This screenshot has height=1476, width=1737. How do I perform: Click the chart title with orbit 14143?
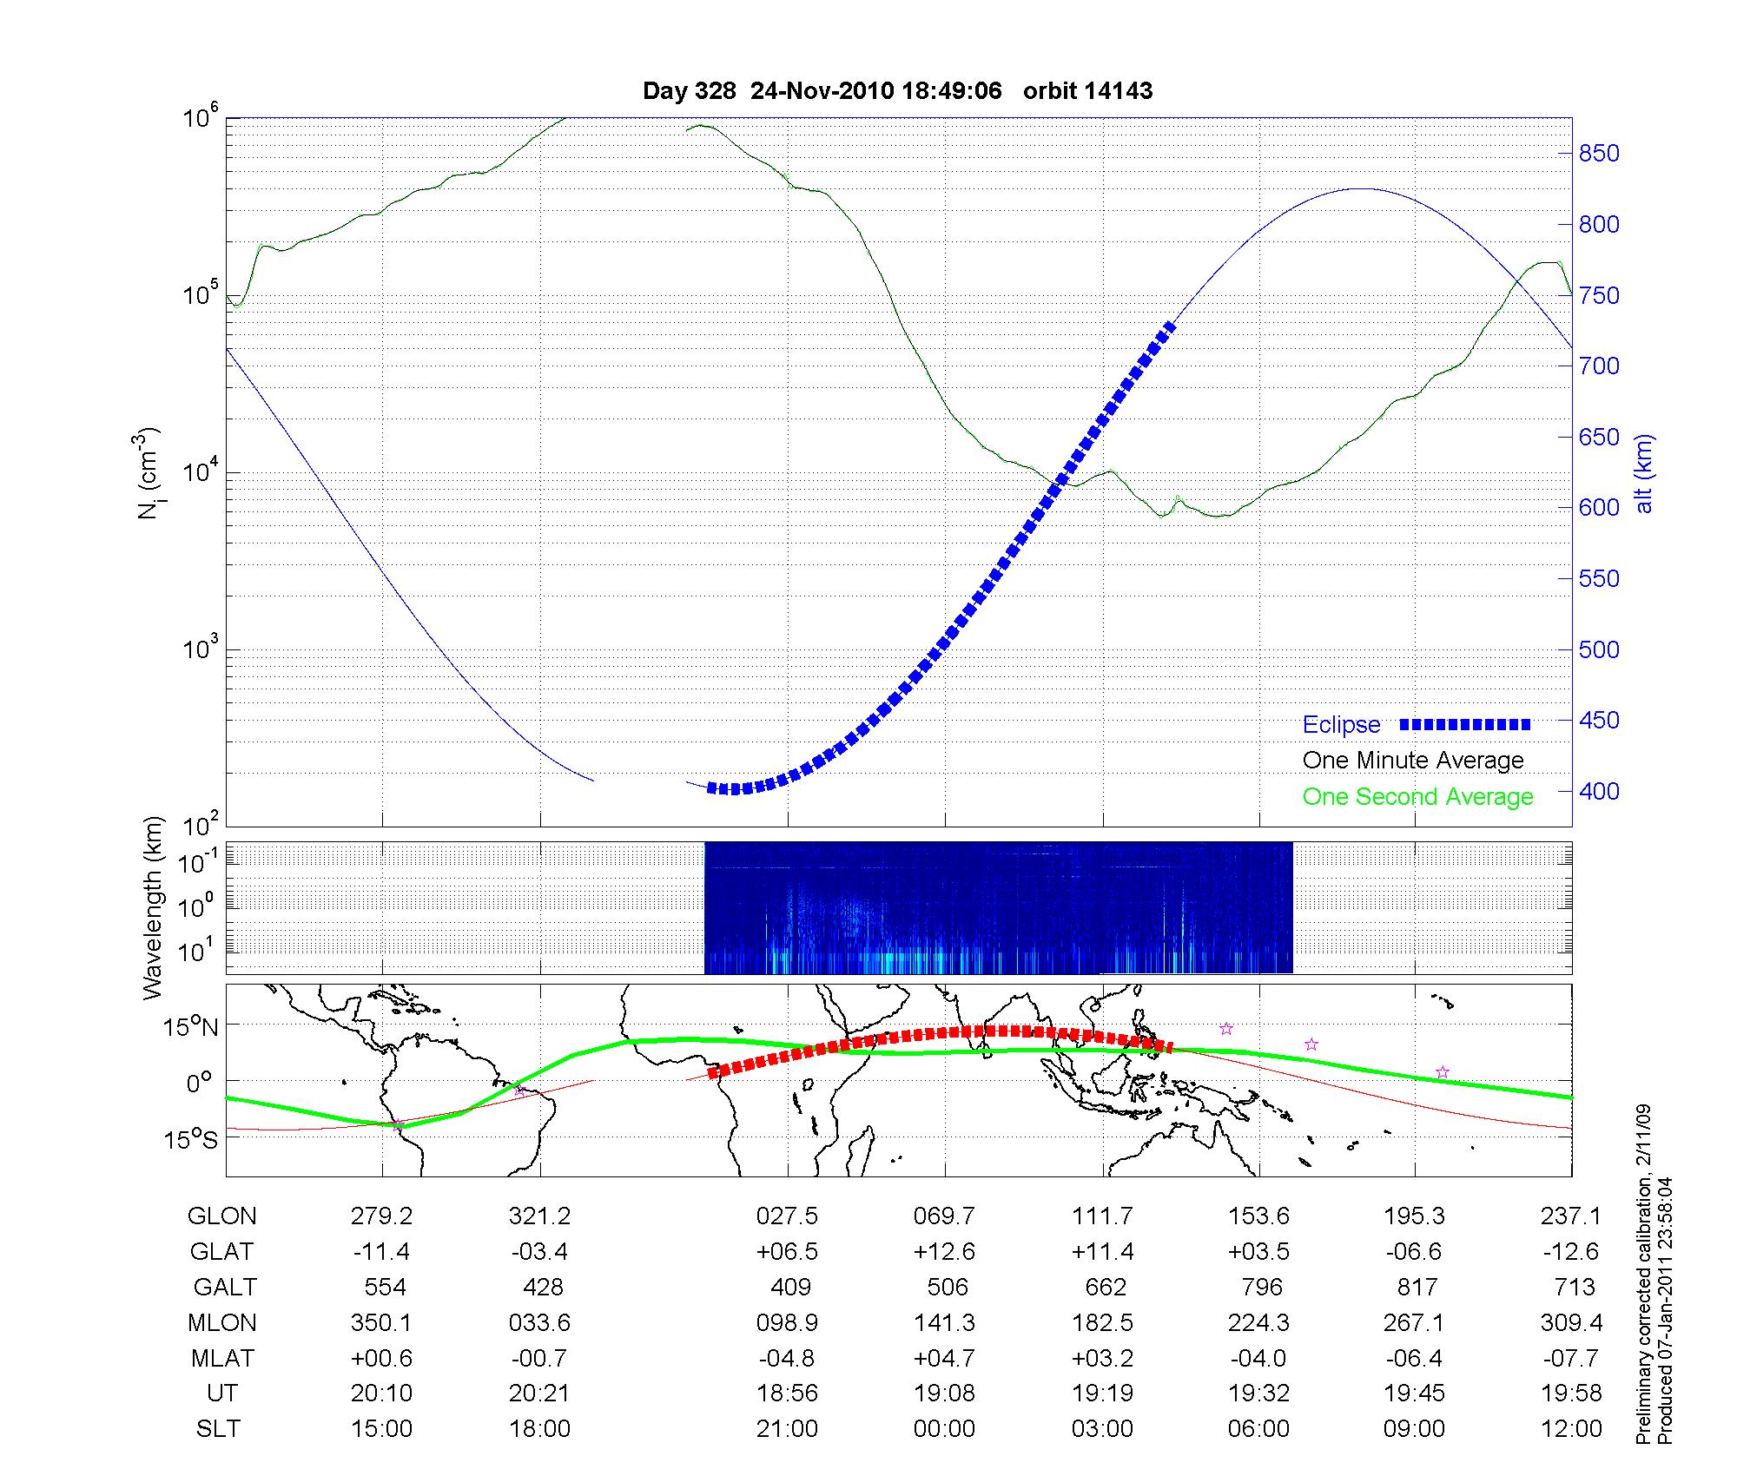[897, 91]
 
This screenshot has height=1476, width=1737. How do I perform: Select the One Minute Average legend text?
[1413, 761]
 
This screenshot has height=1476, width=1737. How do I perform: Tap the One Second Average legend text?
[1417, 797]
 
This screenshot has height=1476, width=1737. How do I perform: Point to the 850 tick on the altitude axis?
[1598, 154]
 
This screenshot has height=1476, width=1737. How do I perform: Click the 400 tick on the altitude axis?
[1598, 792]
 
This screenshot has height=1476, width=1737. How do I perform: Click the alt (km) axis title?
[1644, 473]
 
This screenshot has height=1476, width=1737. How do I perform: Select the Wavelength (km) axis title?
[153, 908]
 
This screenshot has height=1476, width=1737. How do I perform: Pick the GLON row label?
[221, 1216]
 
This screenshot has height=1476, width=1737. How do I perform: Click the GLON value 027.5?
[787, 1216]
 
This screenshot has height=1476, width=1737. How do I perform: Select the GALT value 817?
[1415, 1287]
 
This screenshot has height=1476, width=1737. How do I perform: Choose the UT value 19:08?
[944, 1394]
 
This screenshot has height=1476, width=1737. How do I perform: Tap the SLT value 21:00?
[787, 1429]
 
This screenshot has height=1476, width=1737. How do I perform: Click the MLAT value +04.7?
[944, 1358]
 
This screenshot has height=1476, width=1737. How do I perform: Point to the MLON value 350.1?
[381, 1322]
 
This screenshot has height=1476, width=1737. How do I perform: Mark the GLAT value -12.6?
[1571, 1252]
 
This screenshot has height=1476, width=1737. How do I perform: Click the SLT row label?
[218, 1429]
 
